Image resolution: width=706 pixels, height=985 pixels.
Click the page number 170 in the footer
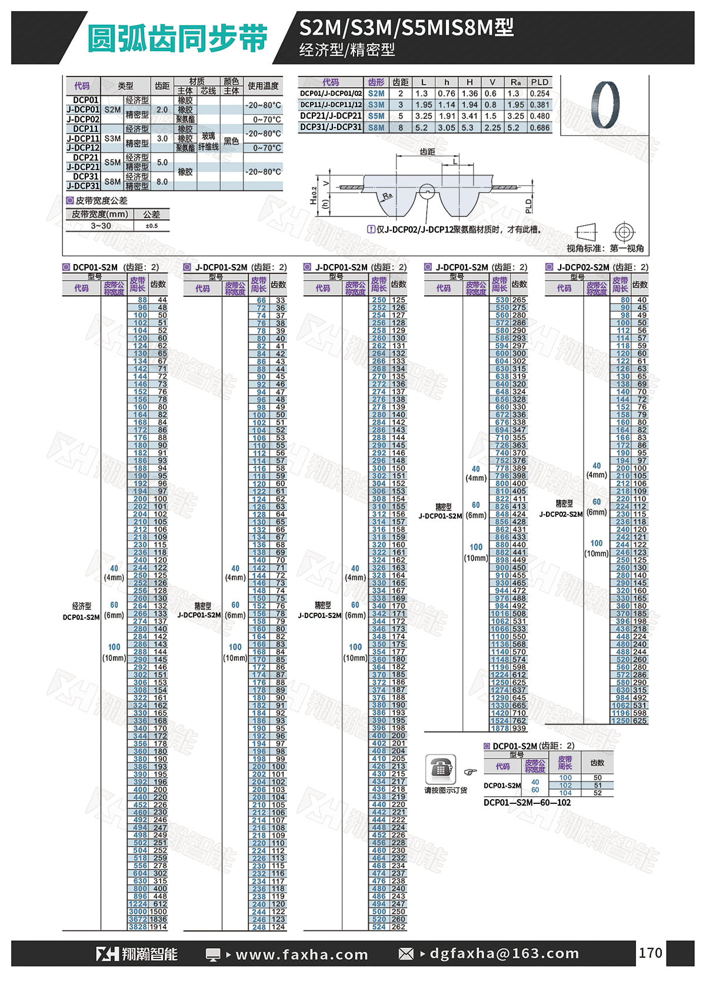(x=650, y=953)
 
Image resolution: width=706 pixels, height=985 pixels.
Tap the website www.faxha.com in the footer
(x=301, y=954)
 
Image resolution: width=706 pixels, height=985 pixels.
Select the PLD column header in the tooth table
(x=539, y=82)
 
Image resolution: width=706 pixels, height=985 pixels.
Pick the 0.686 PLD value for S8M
(x=539, y=127)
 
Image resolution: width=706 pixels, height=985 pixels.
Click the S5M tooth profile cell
(x=377, y=116)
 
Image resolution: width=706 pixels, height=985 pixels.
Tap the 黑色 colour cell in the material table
(x=231, y=141)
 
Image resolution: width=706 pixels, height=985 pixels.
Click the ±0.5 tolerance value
(x=151, y=226)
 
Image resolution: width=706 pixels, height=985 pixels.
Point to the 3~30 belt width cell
(x=101, y=226)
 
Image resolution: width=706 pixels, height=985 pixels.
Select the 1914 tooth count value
(x=159, y=927)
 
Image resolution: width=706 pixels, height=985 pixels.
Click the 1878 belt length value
(x=501, y=728)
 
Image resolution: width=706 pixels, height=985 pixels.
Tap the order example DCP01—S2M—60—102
(x=527, y=802)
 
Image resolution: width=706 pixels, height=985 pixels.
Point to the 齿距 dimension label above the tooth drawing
(x=428, y=152)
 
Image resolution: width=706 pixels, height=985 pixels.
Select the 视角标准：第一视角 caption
(x=605, y=249)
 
